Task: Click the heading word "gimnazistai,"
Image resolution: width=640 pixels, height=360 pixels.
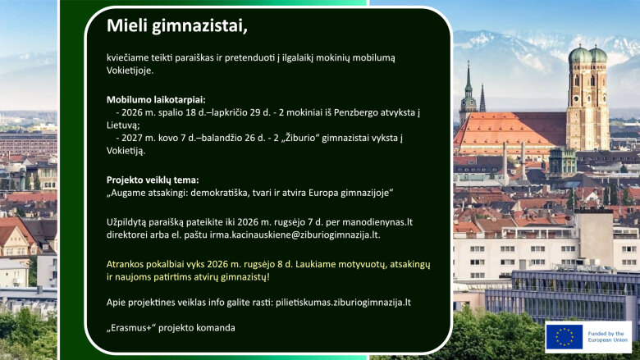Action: point(199,25)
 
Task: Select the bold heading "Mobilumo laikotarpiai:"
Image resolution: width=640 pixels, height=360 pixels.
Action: point(156,100)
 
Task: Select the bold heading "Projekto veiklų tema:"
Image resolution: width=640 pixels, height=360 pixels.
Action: point(153,180)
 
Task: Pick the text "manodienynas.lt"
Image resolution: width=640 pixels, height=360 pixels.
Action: point(377,222)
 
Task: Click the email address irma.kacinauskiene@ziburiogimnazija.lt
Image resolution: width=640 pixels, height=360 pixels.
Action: point(295,235)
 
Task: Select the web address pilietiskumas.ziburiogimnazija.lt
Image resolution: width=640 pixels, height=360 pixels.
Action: point(343,303)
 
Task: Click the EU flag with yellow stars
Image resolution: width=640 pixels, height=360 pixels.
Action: point(564,337)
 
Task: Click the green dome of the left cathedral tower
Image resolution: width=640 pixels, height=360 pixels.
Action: point(579,55)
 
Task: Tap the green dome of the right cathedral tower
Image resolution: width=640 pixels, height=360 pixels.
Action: point(598,55)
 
